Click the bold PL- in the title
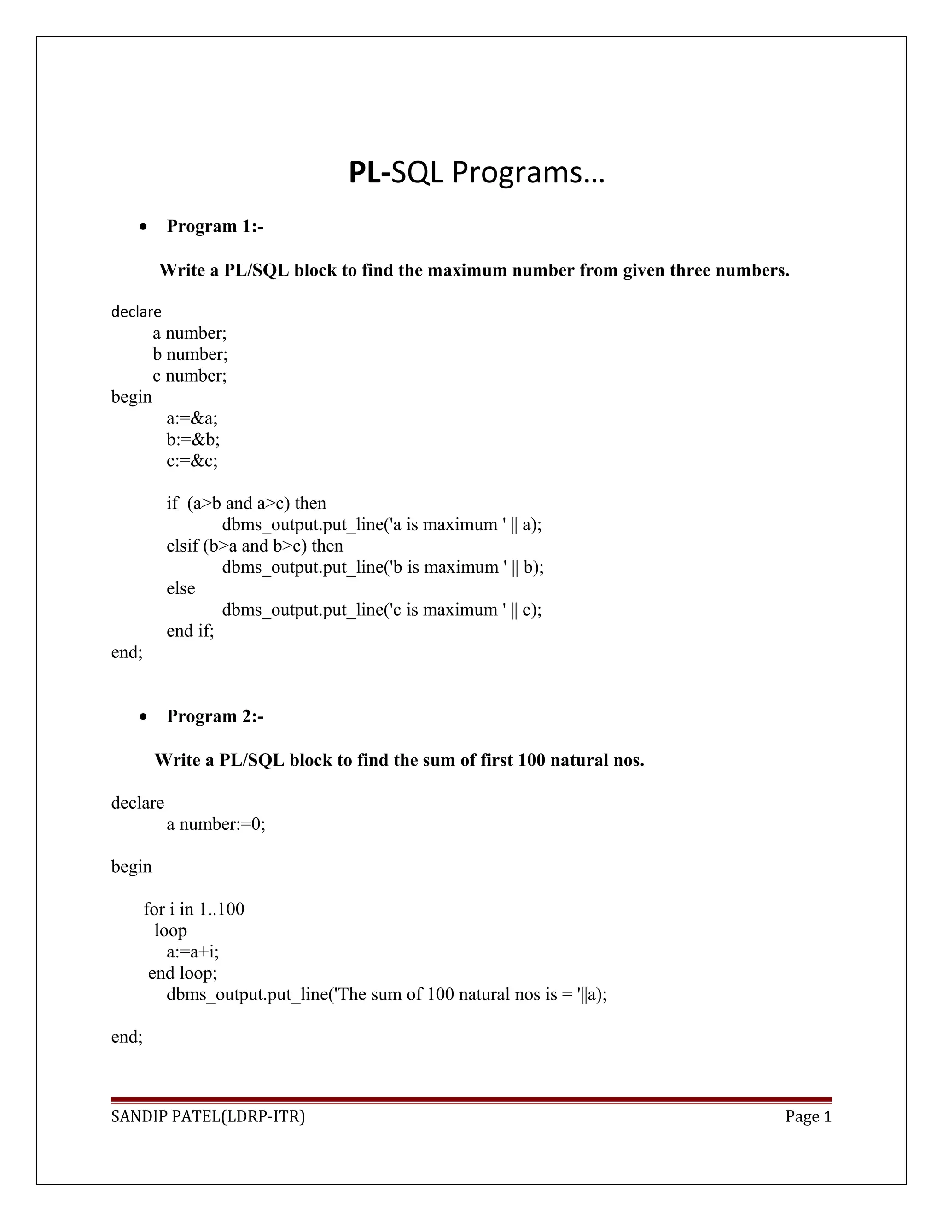click(x=369, y=172)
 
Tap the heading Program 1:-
click(x=215, y=226)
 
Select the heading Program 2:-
click(x=215, y=716)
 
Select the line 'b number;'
click(x=190, y=354)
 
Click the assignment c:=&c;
click(x=192, y=461)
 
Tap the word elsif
click(x=182, y=546)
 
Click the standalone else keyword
click(x=180, y=588)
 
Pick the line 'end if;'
click(x=190, y=631)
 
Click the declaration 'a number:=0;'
click(x=215, y=824)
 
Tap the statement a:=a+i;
click(x=192, y=951)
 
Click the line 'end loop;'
click(x=182, y=973)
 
